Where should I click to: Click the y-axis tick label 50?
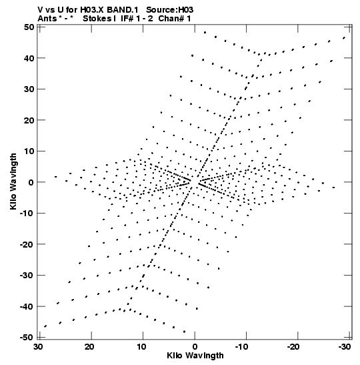click(x=29, y=27)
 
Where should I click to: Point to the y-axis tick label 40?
click(x=29, y=58)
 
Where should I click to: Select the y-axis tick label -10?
click(x=27, y=214)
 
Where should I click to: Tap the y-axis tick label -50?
click(x=27, y=337)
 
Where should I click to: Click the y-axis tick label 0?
click(x=31, y=182)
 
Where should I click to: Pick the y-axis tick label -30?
click(x=27, y=276)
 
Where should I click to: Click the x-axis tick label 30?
click(x=39, y=347)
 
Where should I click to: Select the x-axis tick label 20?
click(x=90, y=347)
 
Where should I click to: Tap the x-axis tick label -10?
click(x=243, y=347)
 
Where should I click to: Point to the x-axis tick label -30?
click(x=345, y=347)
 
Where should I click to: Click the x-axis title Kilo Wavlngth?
click(x=195, y=356)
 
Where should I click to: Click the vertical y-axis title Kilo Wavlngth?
click(x=13, y=181)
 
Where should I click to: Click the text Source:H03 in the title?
click(x=169, y=10)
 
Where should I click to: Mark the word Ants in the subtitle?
click(x=47, y=19)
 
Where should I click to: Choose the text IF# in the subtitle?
click(x=127, y=19)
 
